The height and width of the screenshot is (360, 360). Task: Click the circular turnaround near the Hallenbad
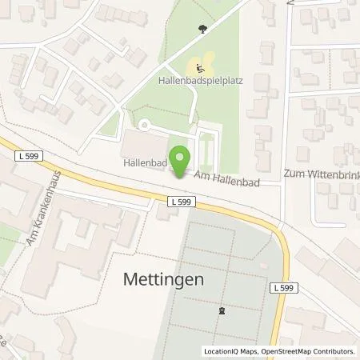[144, 125]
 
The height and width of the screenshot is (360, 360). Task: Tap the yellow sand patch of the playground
[206, 62]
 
